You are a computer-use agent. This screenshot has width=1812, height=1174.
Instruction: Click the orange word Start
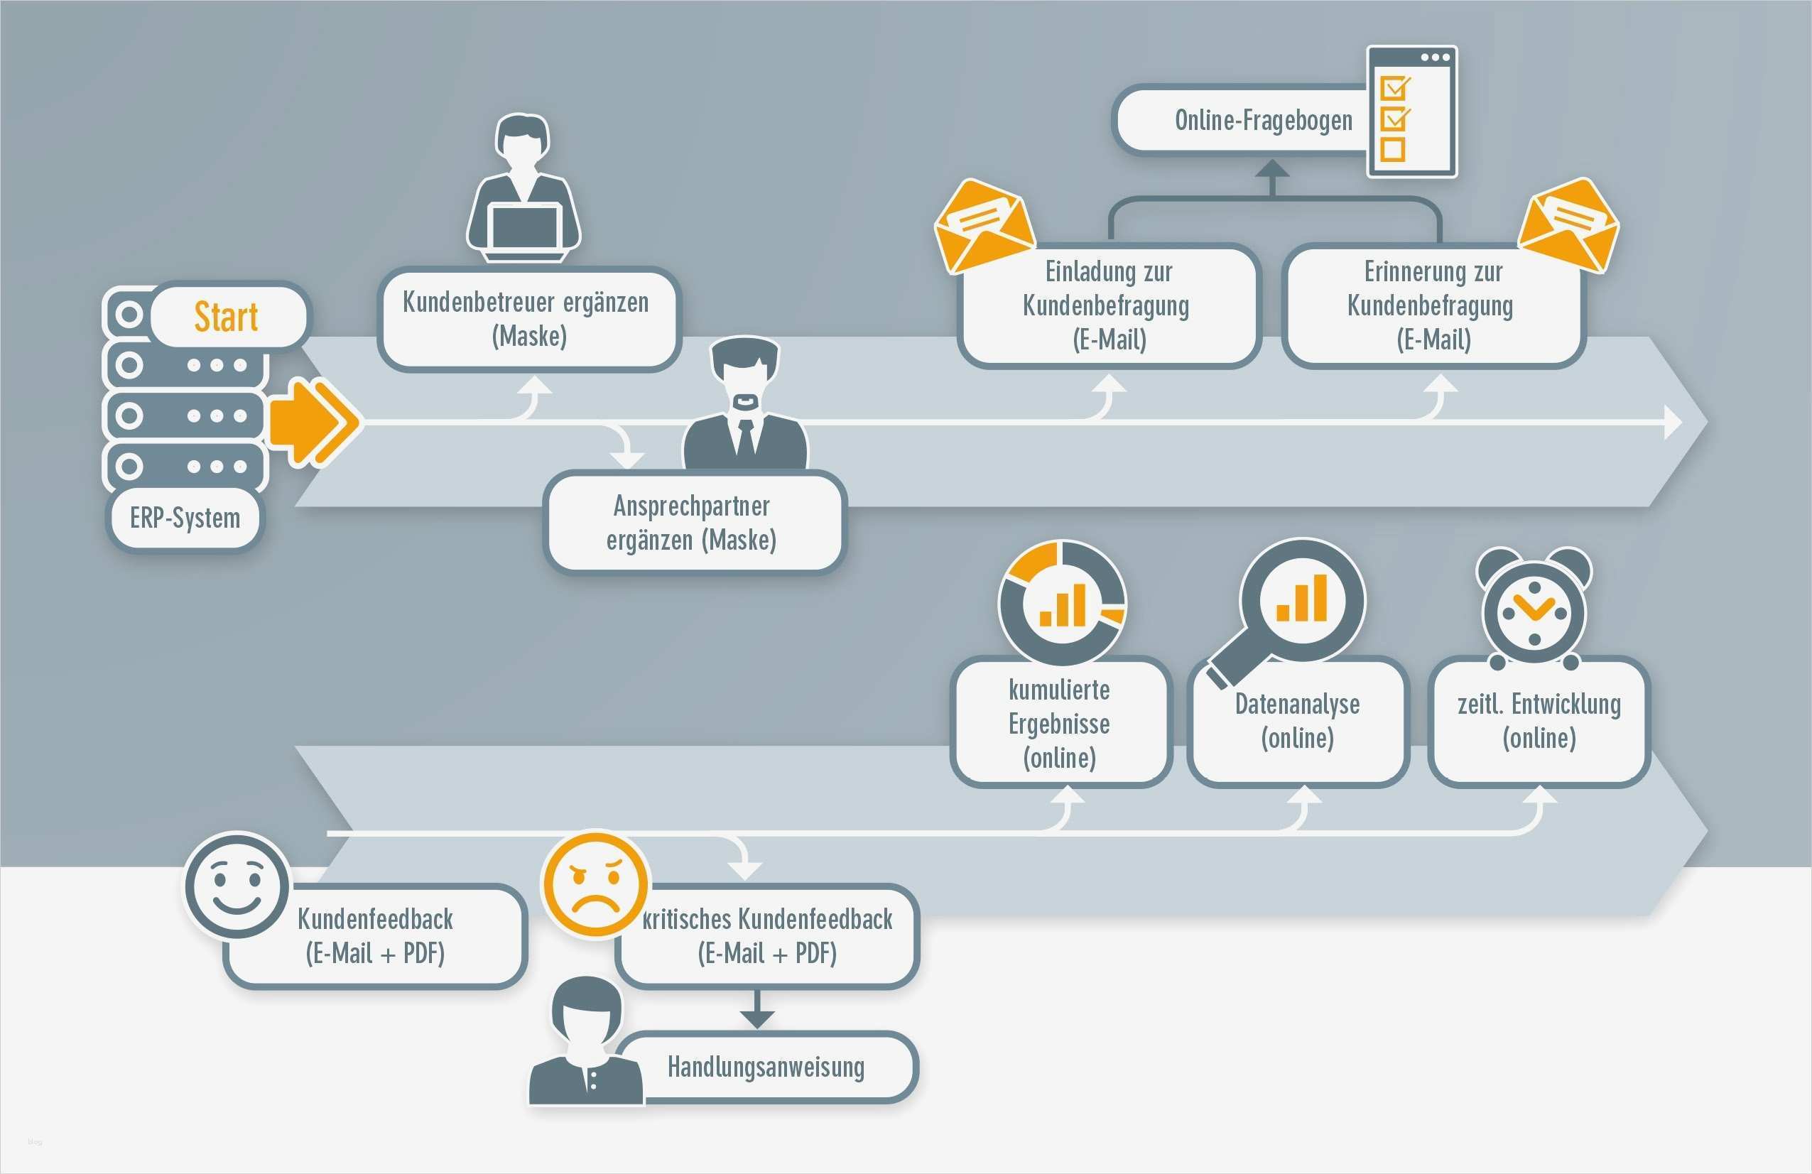(x=226, y=317)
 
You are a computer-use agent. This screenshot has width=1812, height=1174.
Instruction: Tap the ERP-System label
(x=185, y=518)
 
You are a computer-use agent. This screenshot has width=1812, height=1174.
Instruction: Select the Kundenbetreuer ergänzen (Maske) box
(x=526, y=319)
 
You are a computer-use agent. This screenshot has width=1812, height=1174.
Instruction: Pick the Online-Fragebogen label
(x=1263, y=120)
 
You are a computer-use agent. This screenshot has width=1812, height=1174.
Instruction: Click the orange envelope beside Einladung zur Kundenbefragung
(x=984, y=225)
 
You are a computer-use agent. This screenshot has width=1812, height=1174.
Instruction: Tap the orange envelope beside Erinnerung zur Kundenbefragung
(x=1569, y=225)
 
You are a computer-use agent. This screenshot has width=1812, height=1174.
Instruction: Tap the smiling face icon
(x=237, y=886)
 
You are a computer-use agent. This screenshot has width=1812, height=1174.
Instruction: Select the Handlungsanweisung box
(x=766, y=1067)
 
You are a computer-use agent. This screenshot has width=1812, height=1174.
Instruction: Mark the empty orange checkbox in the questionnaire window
(x=1392, y=149)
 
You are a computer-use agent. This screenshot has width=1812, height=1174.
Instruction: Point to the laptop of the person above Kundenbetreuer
(x=525, y=227)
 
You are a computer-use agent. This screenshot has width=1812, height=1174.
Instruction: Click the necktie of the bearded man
(x=746, y=437)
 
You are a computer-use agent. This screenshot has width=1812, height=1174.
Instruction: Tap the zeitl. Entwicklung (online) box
(x=1539, y=721)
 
